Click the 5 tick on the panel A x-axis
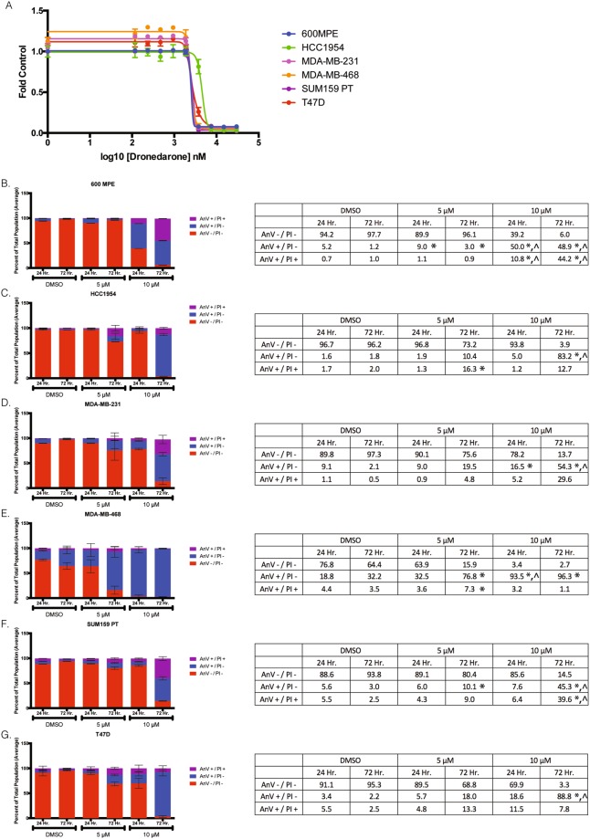(259, 143)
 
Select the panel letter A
(7, 6)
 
